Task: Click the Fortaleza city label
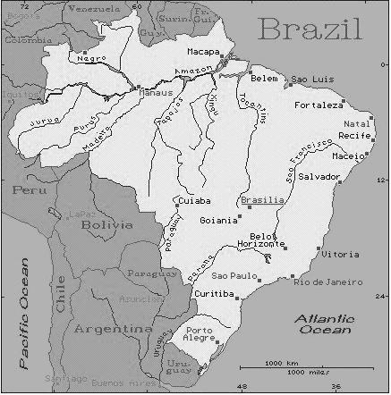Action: [x=319, y=105]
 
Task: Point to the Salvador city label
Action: [x=319, y=177]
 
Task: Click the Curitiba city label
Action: [x=214, y=294]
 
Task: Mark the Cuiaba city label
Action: [x=194, y=201]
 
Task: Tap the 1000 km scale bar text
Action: [x=281, y=363]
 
